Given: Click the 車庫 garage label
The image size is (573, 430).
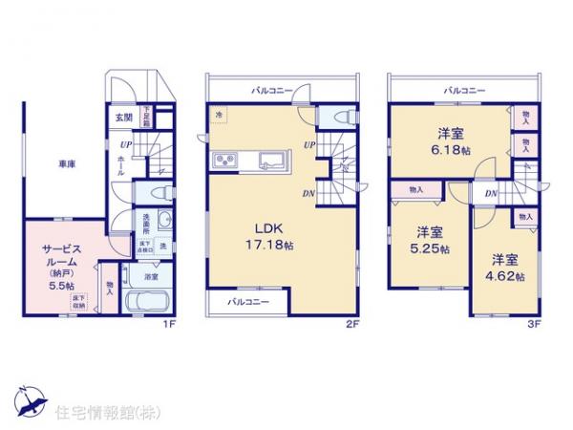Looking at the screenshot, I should point(66,163).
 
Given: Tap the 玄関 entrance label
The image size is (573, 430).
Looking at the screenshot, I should point(124,118).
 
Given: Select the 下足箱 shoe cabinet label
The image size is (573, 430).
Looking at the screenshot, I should point(146,118).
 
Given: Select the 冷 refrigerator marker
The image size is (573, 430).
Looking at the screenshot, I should point(219,115).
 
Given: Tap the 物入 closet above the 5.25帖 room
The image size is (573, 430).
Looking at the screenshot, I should point(416,191).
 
